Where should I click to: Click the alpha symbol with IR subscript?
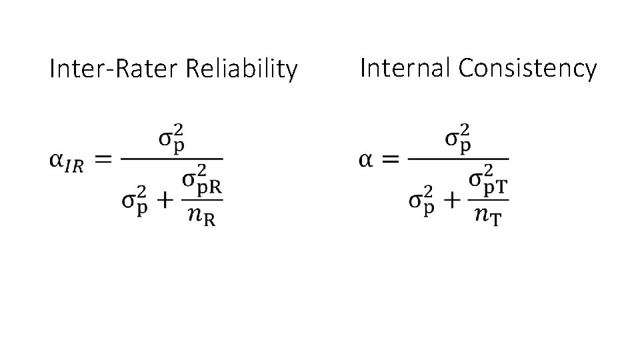[x=67, y=161]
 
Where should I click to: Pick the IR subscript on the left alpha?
[x=74, y=167]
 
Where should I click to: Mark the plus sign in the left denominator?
[x=165, y=200]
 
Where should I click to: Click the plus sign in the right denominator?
[x=451, y=200]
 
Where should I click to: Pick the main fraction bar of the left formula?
[x=171, y=159]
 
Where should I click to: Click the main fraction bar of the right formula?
[x=458, y=159]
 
